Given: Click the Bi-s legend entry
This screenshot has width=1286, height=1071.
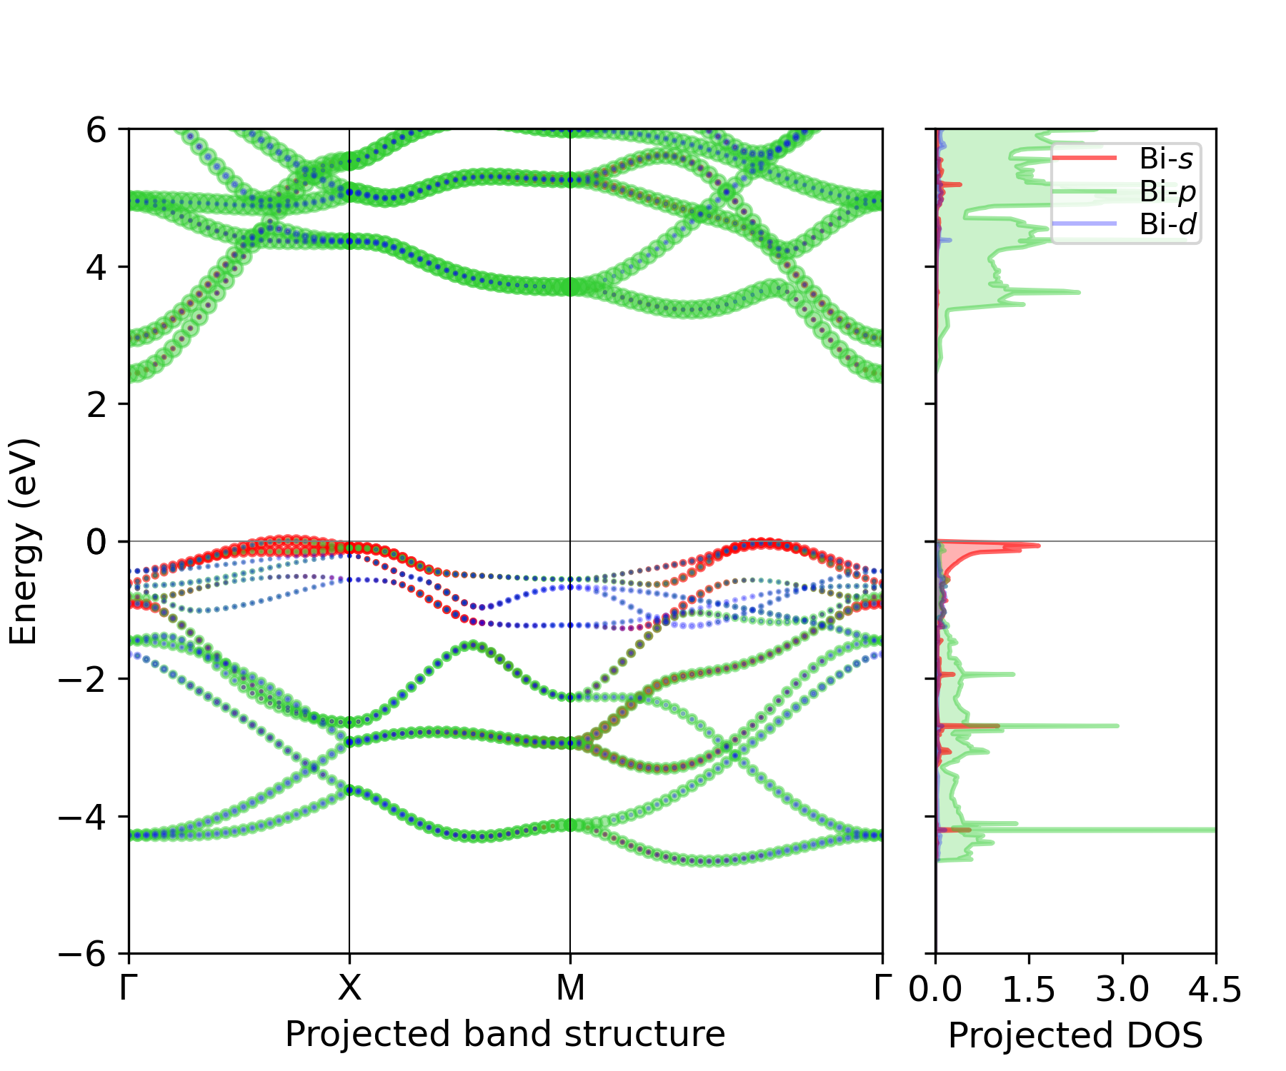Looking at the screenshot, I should [1165, 159].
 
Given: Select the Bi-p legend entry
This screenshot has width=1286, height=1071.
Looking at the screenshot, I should [1167, 191].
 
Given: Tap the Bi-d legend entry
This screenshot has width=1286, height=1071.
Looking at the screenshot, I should [1167, 224].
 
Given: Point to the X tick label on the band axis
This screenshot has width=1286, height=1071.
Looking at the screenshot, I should [349, 989].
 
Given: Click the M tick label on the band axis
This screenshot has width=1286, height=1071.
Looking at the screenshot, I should [570, 989].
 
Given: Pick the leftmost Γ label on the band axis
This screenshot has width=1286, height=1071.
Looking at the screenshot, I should [129, 989].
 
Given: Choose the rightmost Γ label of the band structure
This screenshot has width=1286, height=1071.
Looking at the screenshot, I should [883, 989].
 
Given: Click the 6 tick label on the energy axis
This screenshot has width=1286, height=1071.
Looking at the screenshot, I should [97, 130].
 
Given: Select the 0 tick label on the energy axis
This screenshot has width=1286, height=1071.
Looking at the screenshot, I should [97, 542].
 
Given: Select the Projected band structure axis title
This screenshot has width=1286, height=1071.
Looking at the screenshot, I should [505, 1035].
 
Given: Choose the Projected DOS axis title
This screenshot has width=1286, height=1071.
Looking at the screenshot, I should [1075, 1035].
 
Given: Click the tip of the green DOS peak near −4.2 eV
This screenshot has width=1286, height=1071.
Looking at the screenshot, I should [1212, 830].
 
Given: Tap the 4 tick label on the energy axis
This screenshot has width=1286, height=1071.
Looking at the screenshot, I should [97, 267].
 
